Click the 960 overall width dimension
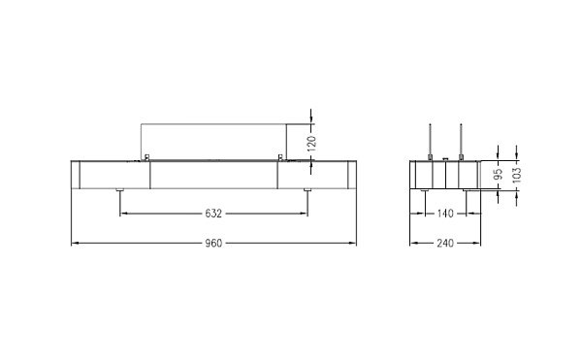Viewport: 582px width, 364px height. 214,243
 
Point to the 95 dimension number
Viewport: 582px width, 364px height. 498,176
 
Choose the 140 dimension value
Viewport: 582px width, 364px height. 446,213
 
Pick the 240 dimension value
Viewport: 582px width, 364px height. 445,243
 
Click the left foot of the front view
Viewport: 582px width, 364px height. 120,190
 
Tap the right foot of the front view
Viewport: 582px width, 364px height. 307,190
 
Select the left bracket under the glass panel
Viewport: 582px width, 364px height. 146,157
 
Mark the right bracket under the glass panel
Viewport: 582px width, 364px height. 280,157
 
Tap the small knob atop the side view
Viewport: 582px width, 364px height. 445,158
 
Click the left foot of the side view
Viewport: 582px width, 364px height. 425,190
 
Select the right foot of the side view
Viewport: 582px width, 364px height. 467,190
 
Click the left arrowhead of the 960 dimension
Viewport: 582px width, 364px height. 76,243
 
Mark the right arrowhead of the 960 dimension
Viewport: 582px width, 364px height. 353,243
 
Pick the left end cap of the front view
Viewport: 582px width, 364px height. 79,175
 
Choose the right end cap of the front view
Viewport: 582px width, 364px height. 350,175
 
